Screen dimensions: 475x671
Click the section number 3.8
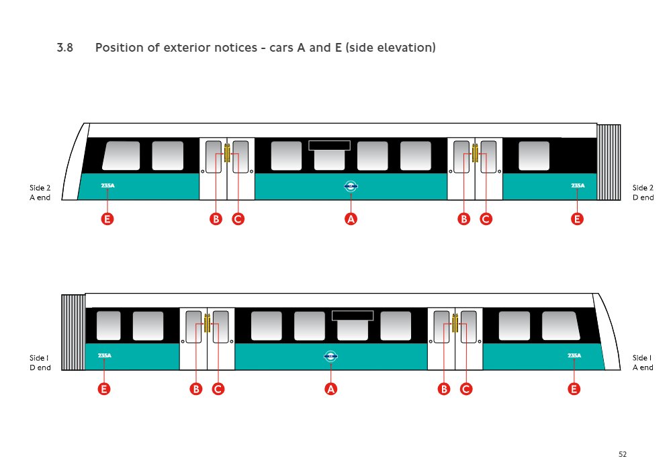pos(64,48)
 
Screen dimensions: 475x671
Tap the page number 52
pos(623,455)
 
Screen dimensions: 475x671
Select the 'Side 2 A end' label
pos(40,193)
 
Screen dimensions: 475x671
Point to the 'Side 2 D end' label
pos(643,193)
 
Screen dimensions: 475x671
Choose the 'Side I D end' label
pos(40,363)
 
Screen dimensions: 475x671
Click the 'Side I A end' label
pos(643,363)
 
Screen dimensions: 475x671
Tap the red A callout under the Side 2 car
pos(351,219)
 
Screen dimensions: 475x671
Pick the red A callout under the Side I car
pos(330,389)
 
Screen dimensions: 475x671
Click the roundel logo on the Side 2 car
pos(351,187)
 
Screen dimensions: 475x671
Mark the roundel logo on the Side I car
pos(330,357)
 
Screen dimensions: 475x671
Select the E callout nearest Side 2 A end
pos(107,219)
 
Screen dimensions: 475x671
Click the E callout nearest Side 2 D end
pos(577,219)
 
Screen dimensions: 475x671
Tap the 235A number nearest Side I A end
pos(574,355)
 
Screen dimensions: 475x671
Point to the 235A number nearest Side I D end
pos(104,355)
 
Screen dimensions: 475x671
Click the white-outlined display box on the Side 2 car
pos(329,145)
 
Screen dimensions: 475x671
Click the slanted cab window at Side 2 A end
pos(121,155)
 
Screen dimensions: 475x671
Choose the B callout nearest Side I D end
pos(196,389)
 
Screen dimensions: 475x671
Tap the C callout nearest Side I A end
pos(465,389)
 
